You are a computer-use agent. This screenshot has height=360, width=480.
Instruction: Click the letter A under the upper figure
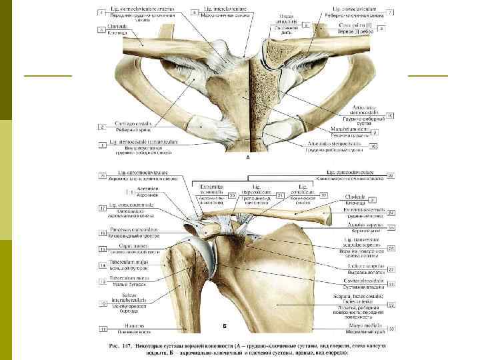247,158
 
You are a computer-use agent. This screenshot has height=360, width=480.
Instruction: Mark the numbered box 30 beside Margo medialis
391,328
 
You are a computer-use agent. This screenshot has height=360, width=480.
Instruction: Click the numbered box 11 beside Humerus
103,329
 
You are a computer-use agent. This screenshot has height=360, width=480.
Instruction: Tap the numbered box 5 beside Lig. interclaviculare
194,12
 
